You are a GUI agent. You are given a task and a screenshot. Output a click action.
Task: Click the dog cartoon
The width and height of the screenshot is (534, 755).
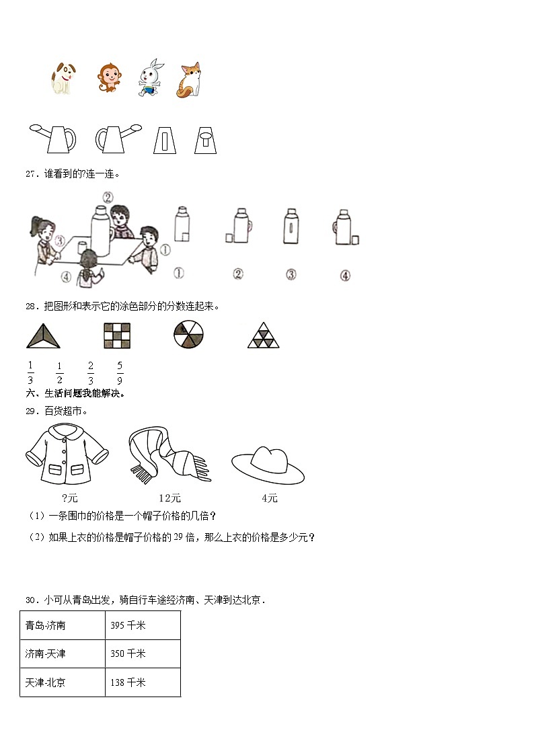click(x=62, y=79)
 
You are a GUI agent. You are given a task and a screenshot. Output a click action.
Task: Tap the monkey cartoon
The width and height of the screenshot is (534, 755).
click(x=107, y=79)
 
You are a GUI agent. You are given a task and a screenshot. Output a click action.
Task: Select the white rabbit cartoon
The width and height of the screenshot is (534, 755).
click(x=150, y=78)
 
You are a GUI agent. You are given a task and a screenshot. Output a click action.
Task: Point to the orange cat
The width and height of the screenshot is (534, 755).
click(x=190, y=80)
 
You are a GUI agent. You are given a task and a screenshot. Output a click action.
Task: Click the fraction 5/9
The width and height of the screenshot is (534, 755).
click(x=119, y=372)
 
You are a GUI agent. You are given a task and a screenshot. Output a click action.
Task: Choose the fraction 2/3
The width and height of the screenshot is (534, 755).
click(x=90, y=372)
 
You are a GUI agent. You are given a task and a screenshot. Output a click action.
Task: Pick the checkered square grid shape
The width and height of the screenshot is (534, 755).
click(x=117, y=335)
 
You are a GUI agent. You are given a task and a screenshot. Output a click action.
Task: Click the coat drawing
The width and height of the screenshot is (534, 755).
click(x=66, y=455)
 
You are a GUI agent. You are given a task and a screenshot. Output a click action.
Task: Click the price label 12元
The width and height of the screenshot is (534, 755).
click(x=169, y=498)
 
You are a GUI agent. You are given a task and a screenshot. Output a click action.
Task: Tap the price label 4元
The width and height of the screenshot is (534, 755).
click(x=269, y=498)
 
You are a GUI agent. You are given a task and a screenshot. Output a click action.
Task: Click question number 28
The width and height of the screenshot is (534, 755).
click(x=30, y=306)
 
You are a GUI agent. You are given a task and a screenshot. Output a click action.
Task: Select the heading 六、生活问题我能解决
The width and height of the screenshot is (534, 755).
click(x=75, y=393)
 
